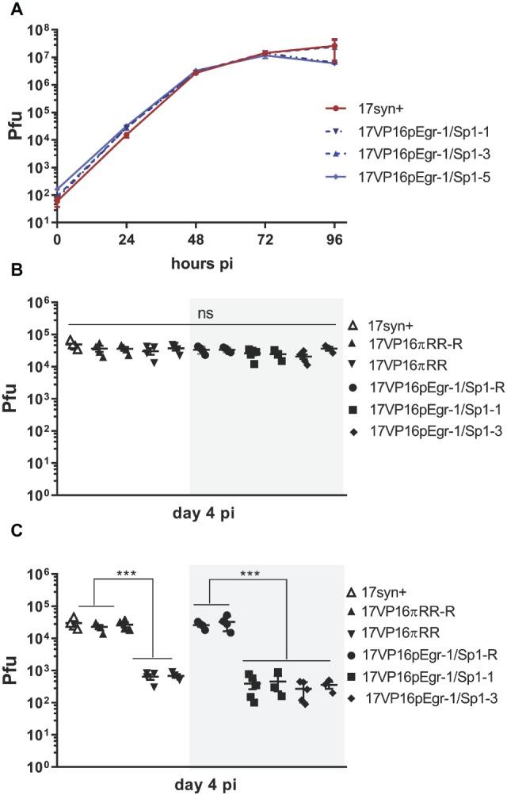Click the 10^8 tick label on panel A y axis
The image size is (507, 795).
(x=39, y=31)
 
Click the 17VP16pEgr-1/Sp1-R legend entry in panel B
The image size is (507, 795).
(x=421, y=380)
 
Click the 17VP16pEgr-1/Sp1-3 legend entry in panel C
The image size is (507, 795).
(x=426, y=699)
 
